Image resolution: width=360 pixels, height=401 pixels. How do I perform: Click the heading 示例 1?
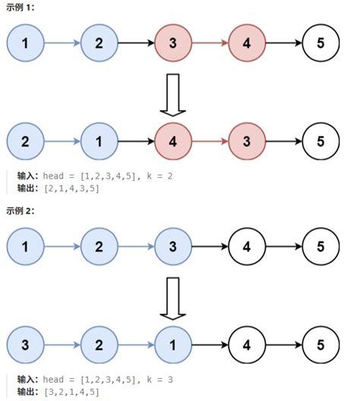coord(23,8)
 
